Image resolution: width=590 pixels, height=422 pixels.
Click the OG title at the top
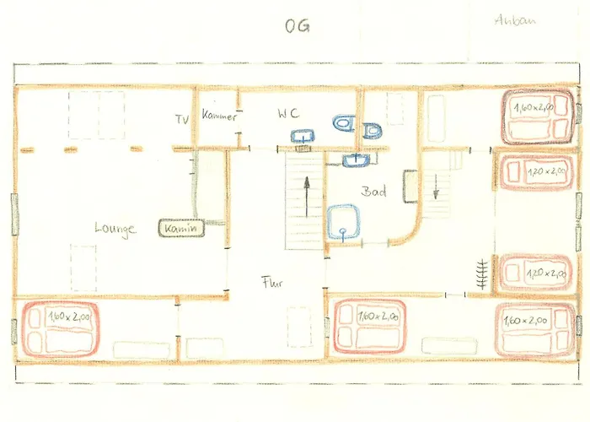tap(297, 25)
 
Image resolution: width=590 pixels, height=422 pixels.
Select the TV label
tap(182, 119)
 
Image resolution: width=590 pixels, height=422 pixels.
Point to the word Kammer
tap(219, 116)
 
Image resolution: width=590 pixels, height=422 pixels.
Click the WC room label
tap(289, 114)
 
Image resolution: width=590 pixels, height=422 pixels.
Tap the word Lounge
tap(115, 228)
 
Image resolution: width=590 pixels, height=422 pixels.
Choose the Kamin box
tap(180, 228)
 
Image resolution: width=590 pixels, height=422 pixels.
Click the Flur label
tap(271, 283)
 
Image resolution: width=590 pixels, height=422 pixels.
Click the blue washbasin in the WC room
tap(303, 134)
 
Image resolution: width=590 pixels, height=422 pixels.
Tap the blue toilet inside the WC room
tap(344, 125)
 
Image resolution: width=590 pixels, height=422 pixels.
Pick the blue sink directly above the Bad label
tap(357, 159)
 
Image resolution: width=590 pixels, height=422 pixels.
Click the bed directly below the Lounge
tap(60, 328)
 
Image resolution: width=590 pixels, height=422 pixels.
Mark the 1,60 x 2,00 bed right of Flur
tap(372, 327)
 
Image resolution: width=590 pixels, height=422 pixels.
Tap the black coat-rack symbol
tap(482, 276)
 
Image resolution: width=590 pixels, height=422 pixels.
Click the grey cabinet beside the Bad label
tap(410, 187)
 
